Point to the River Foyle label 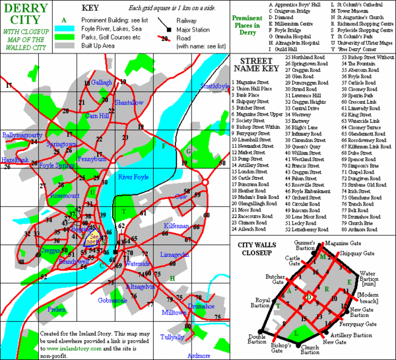coord(133,177)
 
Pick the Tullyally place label coord(172,337)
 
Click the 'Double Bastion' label coord(257,338)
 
